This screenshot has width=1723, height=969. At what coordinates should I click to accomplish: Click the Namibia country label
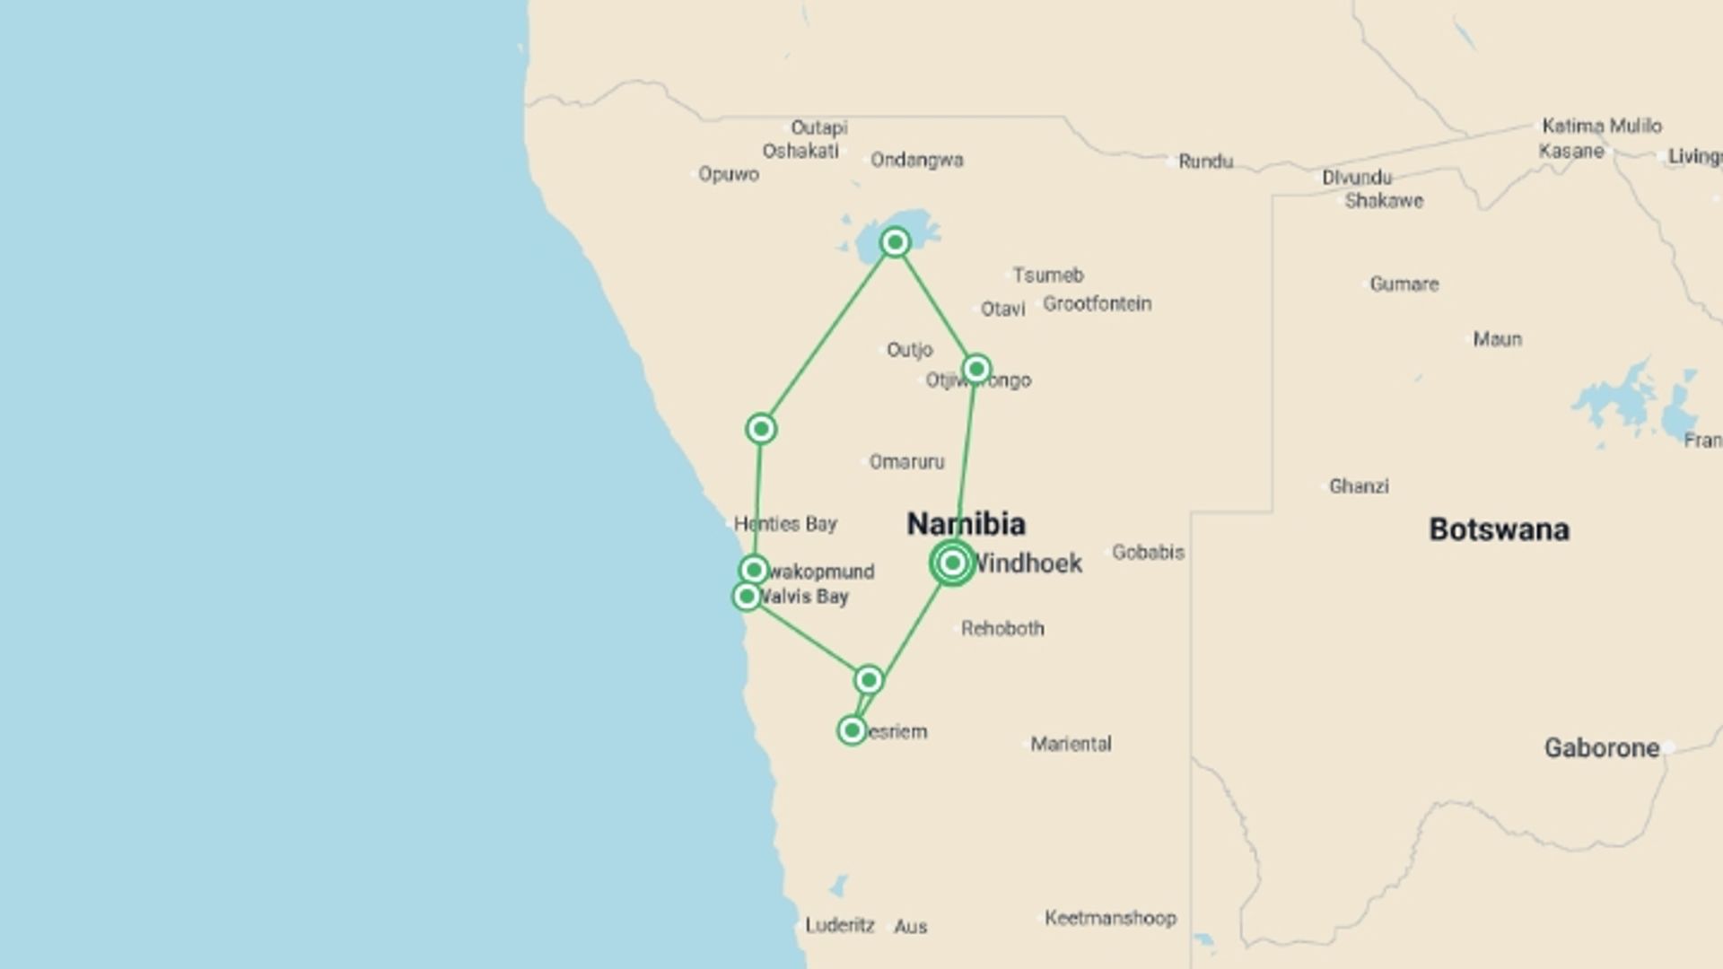click(x=966, y=524)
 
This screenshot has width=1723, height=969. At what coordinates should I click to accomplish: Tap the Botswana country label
click(x=1499, y=529)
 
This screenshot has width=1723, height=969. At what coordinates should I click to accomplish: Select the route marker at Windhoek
click(x=952, y=563)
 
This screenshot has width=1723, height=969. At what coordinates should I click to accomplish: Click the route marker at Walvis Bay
click(x=747, y=596)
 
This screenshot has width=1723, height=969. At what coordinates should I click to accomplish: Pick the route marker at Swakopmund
click(x=754, y=570)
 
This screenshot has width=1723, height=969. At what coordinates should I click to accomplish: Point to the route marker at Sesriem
click(x=852, y=730)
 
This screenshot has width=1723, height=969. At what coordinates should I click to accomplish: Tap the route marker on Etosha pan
click(x=895, y=242)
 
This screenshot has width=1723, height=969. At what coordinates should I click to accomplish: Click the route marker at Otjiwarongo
click(x=976, y=369)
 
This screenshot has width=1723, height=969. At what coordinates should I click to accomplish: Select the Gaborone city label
click(x=1601, y=747)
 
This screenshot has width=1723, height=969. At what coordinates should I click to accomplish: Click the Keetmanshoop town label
click(x=1110, y=918)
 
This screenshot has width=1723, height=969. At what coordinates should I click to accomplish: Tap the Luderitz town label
click(x=839, y=925)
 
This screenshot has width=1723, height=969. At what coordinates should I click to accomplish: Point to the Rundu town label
click(x=1205, y=161)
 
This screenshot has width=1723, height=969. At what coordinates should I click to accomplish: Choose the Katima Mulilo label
click(x=1602, y=126)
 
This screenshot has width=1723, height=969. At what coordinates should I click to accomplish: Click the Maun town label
click(x=1497, y=339)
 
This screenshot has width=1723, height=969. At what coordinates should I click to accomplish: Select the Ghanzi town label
click(x=1359, y=486)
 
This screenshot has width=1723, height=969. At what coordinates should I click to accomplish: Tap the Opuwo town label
click(x=729, y=174)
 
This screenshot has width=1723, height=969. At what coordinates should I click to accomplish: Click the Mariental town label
click(x=1071, y=744)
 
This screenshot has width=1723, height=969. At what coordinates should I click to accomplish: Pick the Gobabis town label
click(x=1148, y=553)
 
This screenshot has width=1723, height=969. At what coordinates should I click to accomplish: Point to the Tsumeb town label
click(x=1048, y=275)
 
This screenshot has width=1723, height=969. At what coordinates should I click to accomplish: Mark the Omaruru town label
click(x=906, y=462)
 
